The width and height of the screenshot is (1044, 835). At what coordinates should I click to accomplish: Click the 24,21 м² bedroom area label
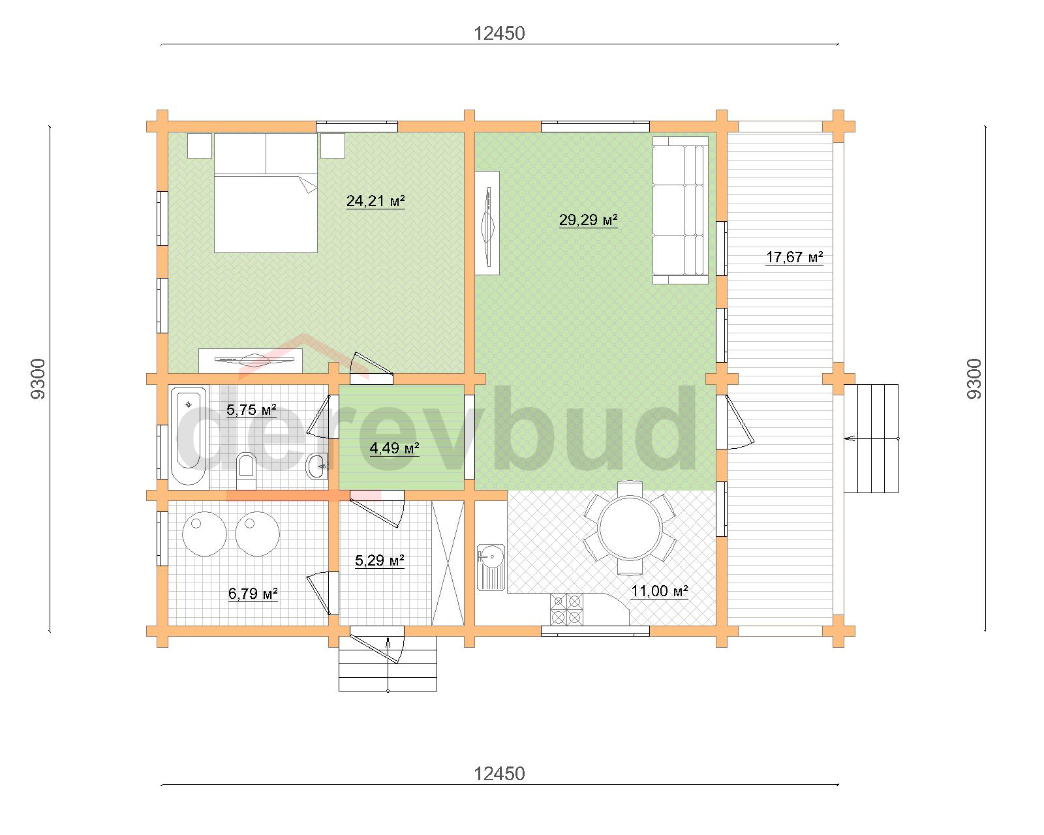[375, 201]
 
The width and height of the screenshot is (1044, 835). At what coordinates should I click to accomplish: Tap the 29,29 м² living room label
[588, 220]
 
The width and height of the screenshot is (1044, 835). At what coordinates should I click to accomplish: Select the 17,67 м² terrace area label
[794, 257]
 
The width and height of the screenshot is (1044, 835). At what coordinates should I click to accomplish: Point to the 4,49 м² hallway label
[394, 448]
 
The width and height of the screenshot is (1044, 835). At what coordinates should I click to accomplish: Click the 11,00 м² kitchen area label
[659, 591]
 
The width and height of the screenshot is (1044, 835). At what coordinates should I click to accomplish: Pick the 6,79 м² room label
[253, 594]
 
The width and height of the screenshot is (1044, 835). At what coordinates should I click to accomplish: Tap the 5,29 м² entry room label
[379, 560]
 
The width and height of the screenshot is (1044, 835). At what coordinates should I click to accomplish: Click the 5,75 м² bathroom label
[251, 410]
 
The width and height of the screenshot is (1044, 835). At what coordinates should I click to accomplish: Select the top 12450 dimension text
[499, 33]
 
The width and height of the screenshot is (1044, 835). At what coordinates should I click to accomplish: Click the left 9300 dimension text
[38, 379]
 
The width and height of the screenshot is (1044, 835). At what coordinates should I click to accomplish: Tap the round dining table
[630, 528]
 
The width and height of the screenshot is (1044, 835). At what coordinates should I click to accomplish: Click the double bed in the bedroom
[266, 193]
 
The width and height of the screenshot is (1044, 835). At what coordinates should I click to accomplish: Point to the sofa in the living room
[680, 210]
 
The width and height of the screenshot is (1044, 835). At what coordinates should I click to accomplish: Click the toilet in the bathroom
[247, 471]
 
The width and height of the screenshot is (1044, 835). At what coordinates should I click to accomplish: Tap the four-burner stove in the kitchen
[566, 609]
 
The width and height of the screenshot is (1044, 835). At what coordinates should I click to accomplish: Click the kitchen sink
[491, 567]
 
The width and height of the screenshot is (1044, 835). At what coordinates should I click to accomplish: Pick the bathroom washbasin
[317, 466]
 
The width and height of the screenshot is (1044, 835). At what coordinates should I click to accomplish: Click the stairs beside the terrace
[871, 438]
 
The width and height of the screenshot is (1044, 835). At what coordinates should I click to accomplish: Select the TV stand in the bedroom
[251, 361]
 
